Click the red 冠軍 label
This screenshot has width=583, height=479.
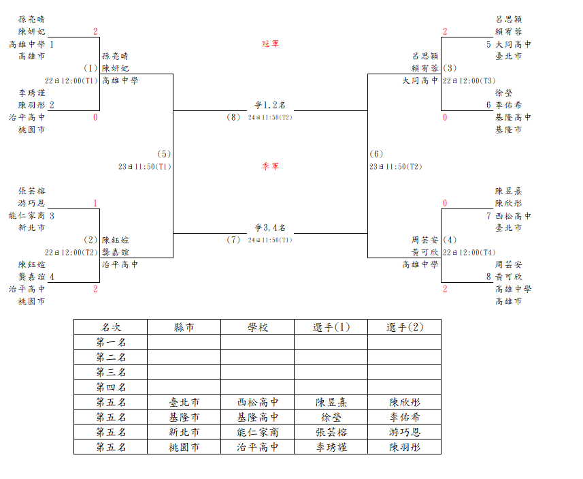(x=270, y=44)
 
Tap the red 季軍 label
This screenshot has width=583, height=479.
(x=270, y=166)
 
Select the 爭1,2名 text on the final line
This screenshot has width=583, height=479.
(x=270, y=105)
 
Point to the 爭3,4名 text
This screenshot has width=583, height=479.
(x=270, y=228)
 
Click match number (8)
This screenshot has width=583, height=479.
(x=233, y=117)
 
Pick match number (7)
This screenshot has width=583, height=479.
(x=233, y=240)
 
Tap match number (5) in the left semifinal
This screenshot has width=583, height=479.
(x=164, y=154)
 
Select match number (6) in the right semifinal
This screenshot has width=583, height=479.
(x=376, y=154)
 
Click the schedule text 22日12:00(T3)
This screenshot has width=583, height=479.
(x=469, y=81)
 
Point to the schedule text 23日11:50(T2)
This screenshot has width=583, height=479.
(x=396, y=166)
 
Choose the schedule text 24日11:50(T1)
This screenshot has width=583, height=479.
(x=270, y=240)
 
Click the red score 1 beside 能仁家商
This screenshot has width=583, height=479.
(x=95, y=203)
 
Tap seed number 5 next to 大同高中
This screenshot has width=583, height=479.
(x=488, y=44)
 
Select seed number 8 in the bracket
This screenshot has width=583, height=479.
(x=488, y=277)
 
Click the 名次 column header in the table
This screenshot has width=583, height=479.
(x=111, y=327)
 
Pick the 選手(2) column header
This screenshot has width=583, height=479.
(x=405, y=327)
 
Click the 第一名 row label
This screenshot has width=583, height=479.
(x=111, y=342)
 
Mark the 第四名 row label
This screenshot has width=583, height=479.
(x=111, y=387)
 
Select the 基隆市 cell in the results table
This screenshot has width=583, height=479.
(x=184, y=417)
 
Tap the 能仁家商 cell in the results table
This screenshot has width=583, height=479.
(x=258, y=432)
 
